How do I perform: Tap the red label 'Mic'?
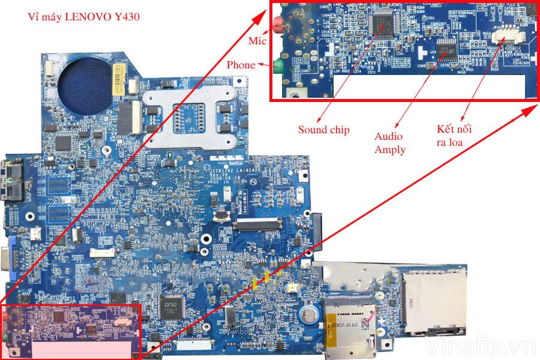tap(256, 41)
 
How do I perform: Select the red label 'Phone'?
tap(241, 65)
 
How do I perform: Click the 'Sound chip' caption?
tap(324, 130)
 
